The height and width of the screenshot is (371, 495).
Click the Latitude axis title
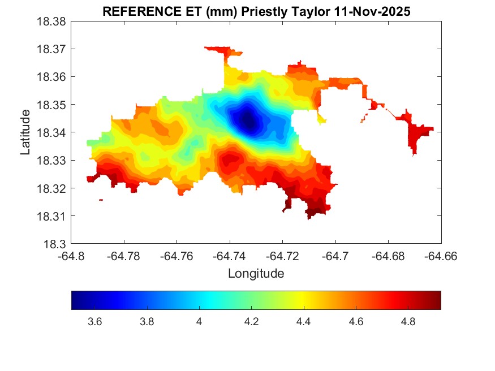25,133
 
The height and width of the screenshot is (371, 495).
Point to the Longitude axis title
256,274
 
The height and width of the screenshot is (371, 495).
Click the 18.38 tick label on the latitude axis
52,21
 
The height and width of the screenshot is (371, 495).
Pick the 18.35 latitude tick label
52,105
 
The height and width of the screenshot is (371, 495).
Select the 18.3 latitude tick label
55,244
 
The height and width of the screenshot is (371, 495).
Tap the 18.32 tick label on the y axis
52,188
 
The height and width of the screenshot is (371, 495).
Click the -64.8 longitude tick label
72,256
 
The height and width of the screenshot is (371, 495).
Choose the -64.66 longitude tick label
441,256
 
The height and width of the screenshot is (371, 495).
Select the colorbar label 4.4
304,322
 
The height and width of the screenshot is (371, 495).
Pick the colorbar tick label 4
199,322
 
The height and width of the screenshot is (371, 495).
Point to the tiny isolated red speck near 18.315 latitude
101,200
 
